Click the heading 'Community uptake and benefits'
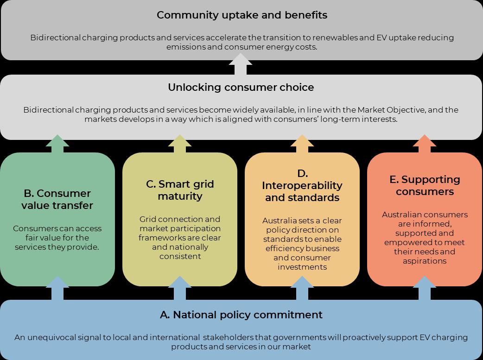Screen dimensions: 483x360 241,15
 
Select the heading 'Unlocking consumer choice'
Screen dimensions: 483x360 241,87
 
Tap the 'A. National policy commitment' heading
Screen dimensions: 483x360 241,315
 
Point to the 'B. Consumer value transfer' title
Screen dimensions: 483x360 57,199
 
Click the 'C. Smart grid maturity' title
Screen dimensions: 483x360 180,190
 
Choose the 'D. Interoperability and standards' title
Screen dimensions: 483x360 302,185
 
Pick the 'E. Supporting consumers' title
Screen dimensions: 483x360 425,185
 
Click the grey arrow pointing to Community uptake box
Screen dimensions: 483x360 241,65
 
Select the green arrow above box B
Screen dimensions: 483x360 57,145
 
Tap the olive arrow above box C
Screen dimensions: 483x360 180,145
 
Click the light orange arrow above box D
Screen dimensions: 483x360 302,145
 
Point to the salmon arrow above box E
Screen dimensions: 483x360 425,145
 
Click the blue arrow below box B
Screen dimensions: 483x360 57,289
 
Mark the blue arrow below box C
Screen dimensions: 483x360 180,289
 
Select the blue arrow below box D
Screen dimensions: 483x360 302,289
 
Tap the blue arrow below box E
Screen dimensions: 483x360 425,289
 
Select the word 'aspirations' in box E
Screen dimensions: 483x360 425,261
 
